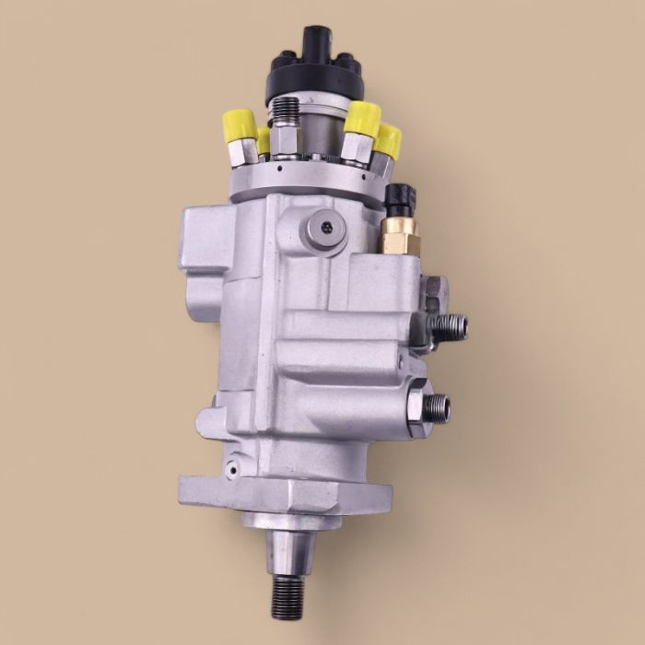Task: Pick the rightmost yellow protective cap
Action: point(389,140)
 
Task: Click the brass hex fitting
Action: point(399,237)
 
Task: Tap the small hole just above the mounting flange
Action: point(233,470)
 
